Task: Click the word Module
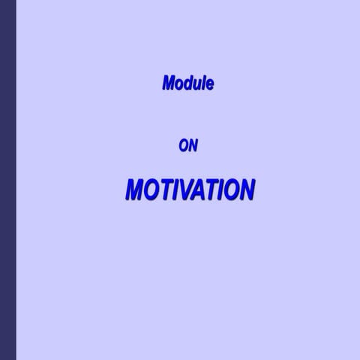(188, 83)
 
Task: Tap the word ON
(188, 146)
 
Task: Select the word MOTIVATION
(190, 190)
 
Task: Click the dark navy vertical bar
(7, 180)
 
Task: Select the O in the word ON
(184, 146)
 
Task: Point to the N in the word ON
(193, 146)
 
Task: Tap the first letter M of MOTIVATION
(135, 190)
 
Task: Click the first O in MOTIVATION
(151, 190)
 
